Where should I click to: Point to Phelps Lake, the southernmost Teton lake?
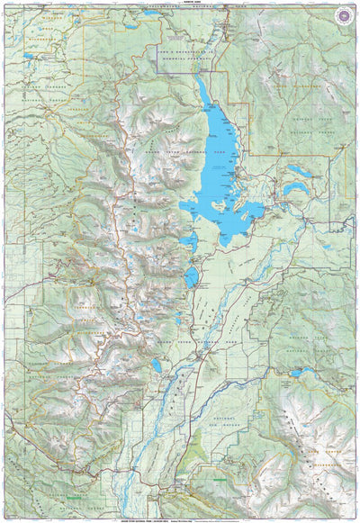[157, 366]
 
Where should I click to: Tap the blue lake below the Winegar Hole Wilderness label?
[31, 58]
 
